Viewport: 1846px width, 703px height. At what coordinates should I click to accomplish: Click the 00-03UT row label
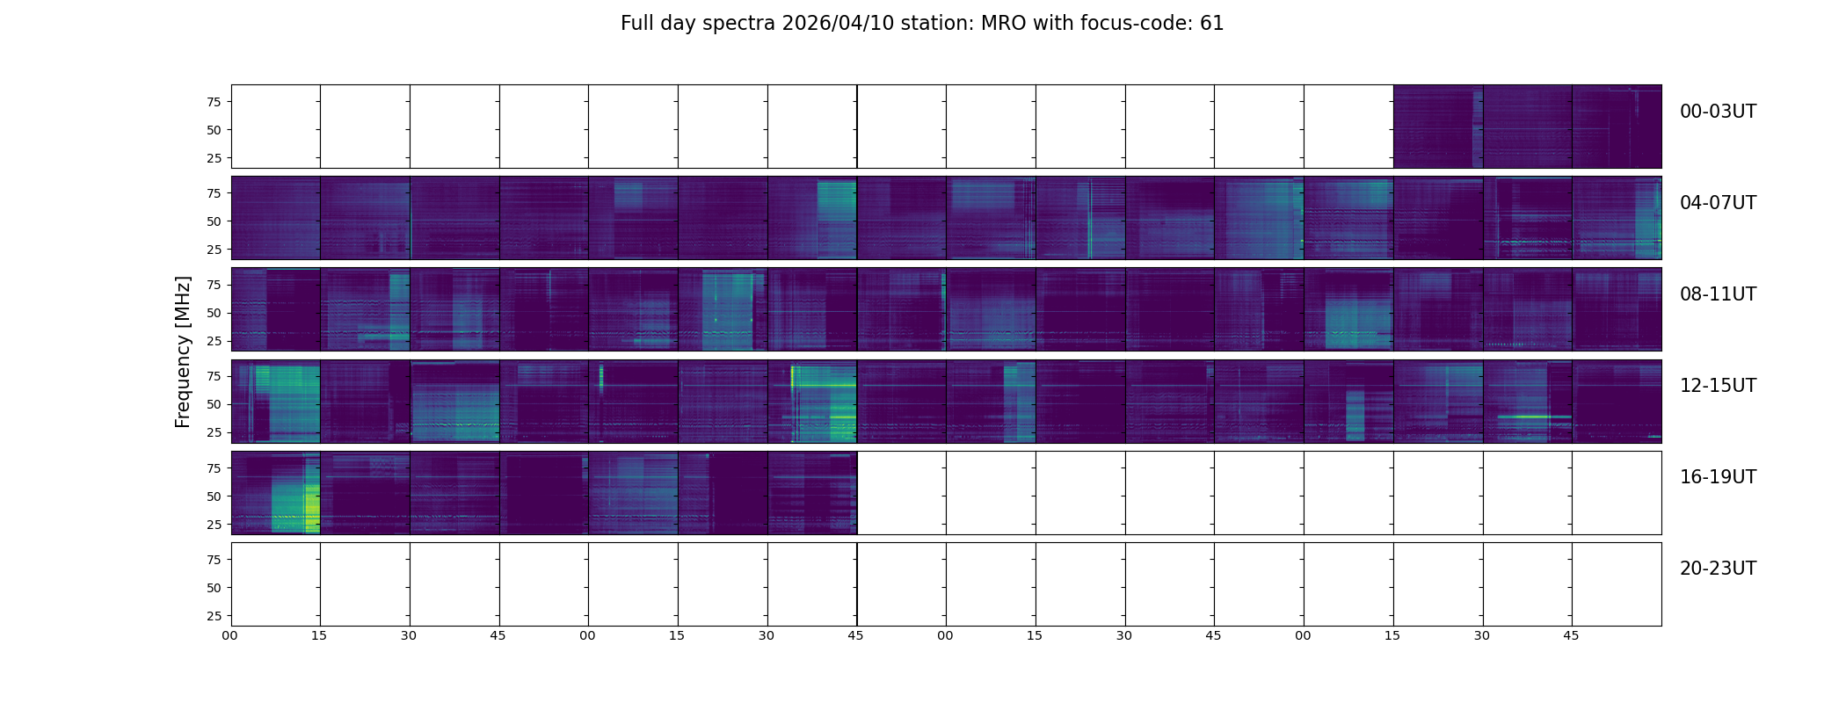click(1718, 112)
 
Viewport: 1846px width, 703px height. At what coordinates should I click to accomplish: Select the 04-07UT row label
click(1718, 203)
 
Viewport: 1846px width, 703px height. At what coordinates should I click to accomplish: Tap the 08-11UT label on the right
click(1718, 294)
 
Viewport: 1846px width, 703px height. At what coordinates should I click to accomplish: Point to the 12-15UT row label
click(1718, 386)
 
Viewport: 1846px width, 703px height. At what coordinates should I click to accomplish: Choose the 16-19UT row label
click(1718, 477)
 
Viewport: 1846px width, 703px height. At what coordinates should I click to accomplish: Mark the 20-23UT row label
click(1718, 569)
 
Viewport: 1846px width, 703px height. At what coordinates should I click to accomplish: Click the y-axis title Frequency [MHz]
click(183, 351)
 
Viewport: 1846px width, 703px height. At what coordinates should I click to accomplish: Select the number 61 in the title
click(1211, 24)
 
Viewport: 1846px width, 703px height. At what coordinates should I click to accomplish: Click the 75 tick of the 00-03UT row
click(213, 102)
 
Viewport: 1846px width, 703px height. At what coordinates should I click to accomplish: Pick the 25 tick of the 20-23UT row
click(213, 616)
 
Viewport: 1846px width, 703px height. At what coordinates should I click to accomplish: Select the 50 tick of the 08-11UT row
click(213, 313)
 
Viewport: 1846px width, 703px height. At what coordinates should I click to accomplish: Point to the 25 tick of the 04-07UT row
click(213, 250)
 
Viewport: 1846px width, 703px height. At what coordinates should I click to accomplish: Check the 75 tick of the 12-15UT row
click(213, 376)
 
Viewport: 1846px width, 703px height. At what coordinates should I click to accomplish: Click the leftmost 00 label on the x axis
click(229, 635)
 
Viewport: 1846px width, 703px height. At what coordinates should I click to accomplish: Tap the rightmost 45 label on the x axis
click(1571, 635)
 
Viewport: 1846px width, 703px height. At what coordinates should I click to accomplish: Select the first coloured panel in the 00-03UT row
click(1437, 127)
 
